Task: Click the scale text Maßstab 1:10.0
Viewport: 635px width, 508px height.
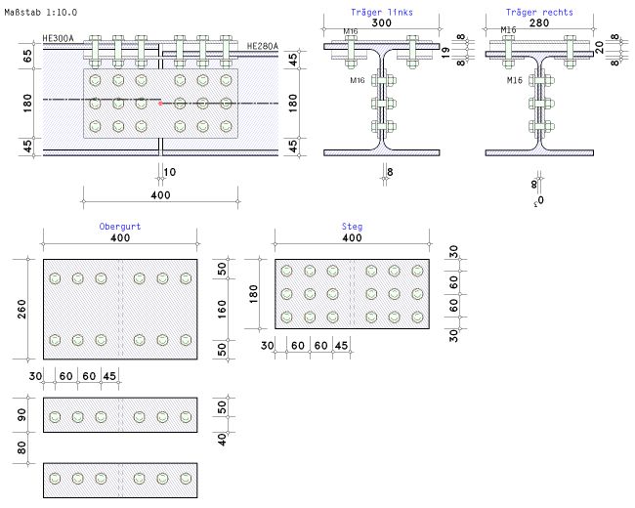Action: (x=41, y=10)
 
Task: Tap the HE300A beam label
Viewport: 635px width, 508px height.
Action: (x=59, y=39)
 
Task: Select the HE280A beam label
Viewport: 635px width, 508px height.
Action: (x=261, y=46)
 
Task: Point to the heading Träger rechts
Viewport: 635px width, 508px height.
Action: (x=539, y=13)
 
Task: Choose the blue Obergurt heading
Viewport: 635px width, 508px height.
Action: (x=120, y=227)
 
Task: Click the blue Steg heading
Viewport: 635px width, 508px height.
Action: (x=352, y=227)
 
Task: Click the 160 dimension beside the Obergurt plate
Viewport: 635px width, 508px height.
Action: (x=222, y=310)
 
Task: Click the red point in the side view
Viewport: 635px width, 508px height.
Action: (x=161, y=102)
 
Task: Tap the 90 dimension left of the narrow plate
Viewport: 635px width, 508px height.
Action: (x=21, y=414)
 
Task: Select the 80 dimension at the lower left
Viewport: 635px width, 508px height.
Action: (x=21, y=448)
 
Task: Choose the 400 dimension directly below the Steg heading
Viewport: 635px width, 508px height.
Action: (x=352, y=238)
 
